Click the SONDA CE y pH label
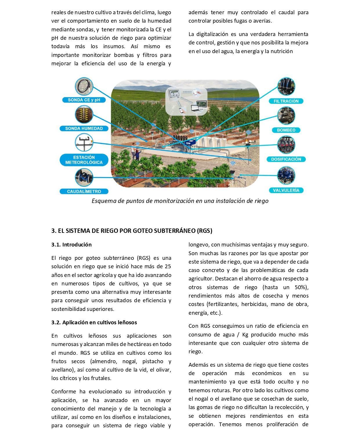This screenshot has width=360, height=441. (x=84, y=100)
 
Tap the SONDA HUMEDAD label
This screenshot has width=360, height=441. (x=84, y=128)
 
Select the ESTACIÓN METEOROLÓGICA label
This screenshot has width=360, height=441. (x=84, y=160)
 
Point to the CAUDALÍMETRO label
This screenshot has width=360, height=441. (x=84, y=191)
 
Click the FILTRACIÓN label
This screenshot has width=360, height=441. (x=286, y=101)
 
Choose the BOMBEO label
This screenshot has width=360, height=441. (x=286, y=130)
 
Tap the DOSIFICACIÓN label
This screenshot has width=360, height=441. (x=286, y=159)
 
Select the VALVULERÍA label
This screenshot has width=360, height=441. (x=286, y=190)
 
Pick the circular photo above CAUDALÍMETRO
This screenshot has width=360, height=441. (x=84, y=178)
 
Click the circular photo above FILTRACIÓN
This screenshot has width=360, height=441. (x=286, y=87)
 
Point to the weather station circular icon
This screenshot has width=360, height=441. (x=84, y=143)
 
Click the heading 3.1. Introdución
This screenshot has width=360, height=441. (x=71, y=244)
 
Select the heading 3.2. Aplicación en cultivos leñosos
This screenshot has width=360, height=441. (x=94, y=322)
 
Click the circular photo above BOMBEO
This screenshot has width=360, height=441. (x=286, y=116)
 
